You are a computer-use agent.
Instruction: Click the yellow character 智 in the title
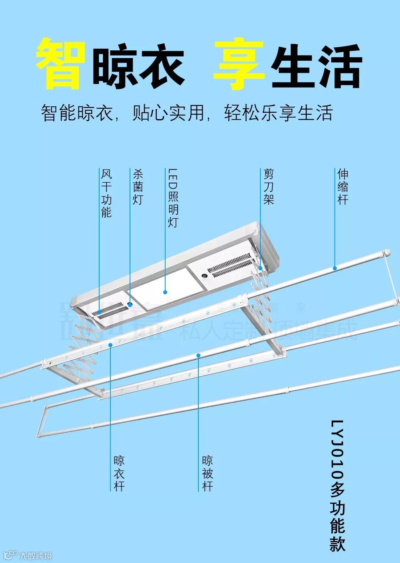(61, 64)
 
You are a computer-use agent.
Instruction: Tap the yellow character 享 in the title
(238, 64)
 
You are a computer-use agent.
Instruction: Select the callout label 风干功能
(106, 193)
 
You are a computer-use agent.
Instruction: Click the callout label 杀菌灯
(138, 186)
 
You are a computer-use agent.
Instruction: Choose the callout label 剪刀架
(268, 186)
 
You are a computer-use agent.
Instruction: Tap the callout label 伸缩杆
(342, 186)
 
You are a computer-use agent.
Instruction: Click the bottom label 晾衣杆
(119, 473)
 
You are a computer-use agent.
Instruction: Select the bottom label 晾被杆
(207, 473)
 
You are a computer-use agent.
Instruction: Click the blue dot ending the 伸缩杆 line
(335, 268)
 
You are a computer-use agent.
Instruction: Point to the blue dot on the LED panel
(165, 292)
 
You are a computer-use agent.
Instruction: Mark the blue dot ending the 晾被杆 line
(198, 355)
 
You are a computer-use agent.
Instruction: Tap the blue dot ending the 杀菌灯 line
(130, 305)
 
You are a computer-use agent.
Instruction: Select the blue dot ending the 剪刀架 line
(260, 268)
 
